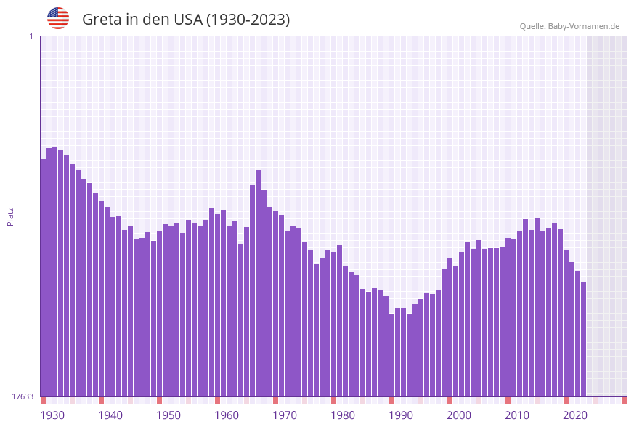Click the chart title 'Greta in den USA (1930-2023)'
pyautogui.click(x=186, y=20)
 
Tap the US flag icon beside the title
pyautogui.click(x=58, y=18)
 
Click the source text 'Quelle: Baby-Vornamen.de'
pyautogui.click(x=569, y=26)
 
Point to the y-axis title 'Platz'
pyautogui.click(x=11, y=216)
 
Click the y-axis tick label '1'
pyautogui.click(x=31, y=36)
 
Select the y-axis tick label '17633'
pyautogui.click(x=23, y=396)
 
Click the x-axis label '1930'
pyautogui.click(x=52, y=415)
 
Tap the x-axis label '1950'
pyautogui.click(x=168, y=415)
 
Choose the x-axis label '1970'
pyautogui.click(x=285, y=415)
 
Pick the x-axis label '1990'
pyautogui.click(x=401, y=415)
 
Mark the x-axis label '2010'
pyautogui.click(x=517, y=415)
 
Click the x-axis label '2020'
pyautogui.click(x=575, y=415)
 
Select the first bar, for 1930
pyautogui.click(x=43, y=276)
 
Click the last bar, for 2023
pyautogui.click(x=583, y=338)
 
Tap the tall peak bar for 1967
pyautogui.click(x=258, y=284)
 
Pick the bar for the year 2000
pyautogui.click(x=450, y=327)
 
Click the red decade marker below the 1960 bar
pyautogui.click(x=217, y=400)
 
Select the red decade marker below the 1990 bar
pyautogui.click(x=391, y=400)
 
